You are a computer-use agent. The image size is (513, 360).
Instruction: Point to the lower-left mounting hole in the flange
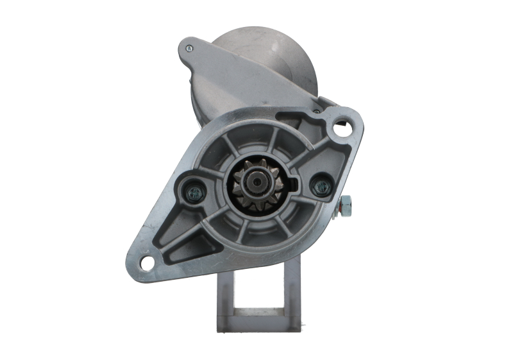(147, 262)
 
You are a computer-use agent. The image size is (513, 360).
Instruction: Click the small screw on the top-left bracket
(189, 48)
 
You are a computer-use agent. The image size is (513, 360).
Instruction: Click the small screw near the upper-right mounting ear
(316, 110)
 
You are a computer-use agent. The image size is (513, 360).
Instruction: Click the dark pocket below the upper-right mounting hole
(333, 154)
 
